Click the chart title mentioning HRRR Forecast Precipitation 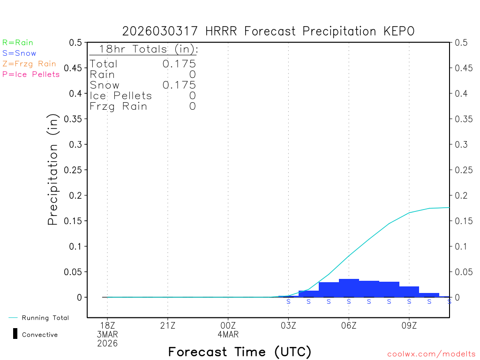268,31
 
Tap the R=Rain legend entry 18,43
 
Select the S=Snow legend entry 19,53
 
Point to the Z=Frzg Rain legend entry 29,64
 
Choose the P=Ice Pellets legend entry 31,74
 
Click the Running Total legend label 45,318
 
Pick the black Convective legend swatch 15,334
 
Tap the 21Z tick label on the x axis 168,325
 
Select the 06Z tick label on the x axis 349,325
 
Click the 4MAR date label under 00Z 228,335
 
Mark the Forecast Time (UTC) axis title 240,352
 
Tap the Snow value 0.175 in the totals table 179,85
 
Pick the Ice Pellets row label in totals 121,96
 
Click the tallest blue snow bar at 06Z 349,288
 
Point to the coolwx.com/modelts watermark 431,354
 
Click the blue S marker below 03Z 288,301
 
